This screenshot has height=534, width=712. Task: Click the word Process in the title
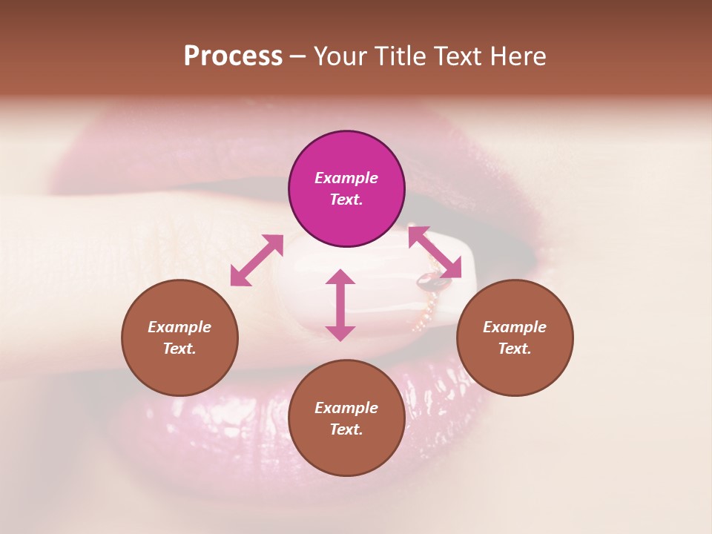pos(233,56)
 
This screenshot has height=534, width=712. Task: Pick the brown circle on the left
pos(179,371)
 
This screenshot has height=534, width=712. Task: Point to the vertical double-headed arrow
pos(340,305)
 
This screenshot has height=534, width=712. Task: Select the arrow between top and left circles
pos(257,260)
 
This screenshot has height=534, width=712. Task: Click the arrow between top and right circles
pos(435,252)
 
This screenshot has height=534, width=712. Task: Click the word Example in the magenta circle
pos(346,178)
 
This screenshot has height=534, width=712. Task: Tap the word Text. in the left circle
pos(179,349)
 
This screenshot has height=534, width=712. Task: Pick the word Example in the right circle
pos(515,327)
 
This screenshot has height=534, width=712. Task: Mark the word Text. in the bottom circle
pos(346,429)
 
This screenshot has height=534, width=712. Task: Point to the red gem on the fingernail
pos(430,280)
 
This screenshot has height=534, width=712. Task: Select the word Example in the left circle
pos(179,327)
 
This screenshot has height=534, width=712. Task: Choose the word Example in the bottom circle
pos(346,408)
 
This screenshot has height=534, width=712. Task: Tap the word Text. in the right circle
pos(515,349)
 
